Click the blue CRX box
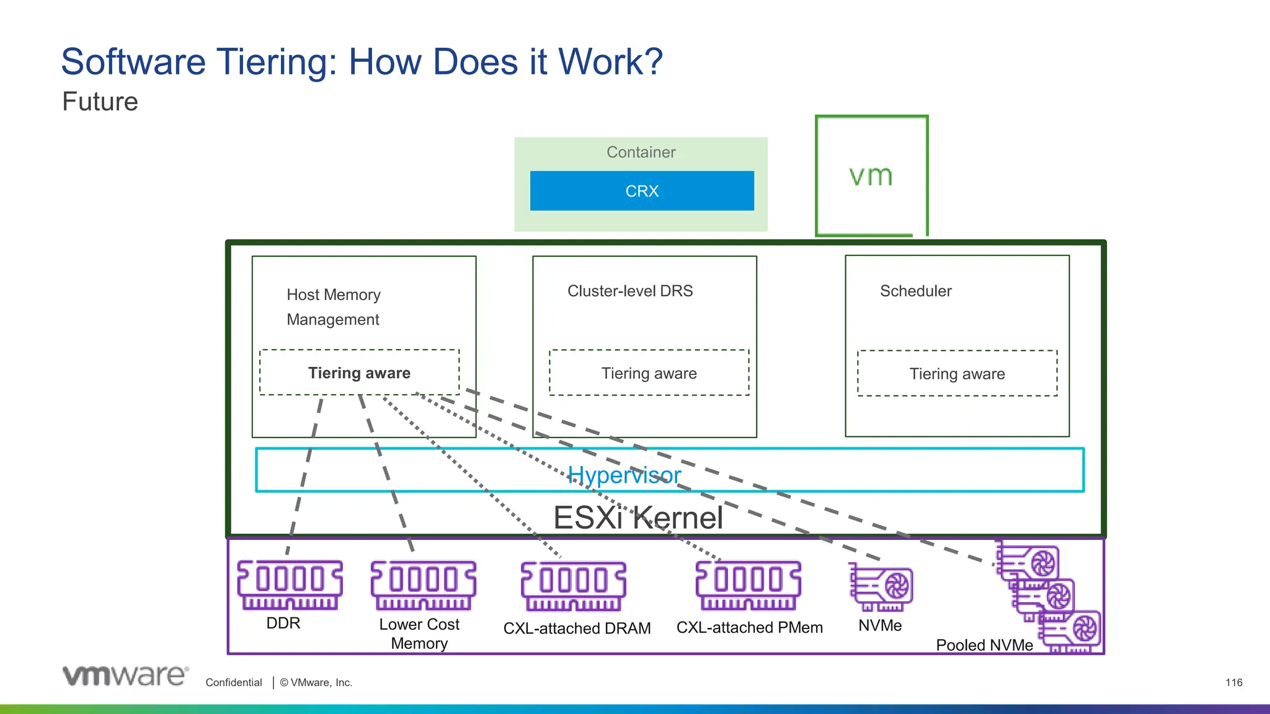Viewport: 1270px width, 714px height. pyautogui.click(x=642, y=191)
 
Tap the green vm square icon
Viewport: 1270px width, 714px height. pyautogui.click(x=871, y=176)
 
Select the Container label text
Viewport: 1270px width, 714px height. pyautogui.click(x=641, y=152)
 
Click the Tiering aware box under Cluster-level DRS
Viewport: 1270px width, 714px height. pyautogui.click(x=649, y=373)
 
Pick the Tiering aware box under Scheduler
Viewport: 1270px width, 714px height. pyautogui.click(x=957, y=374)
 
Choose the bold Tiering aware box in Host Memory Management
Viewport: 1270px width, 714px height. pyautogui.click(x=359, y=373)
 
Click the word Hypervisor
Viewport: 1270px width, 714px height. pyautogui.click(x=624, y=475)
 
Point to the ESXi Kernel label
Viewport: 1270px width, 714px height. pyautogui.click(x=637, y=518)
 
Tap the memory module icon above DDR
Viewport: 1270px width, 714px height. pyautogui.click(x=290, y=585)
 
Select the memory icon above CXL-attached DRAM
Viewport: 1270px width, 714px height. pyautogui.click(x=573, y=586)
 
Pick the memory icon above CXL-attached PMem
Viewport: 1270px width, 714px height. pyautogui.click(x=748, y=586)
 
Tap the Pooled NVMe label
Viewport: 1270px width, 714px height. pyautogui.click(x=984, y=645)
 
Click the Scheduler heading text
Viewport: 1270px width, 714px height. pyautogui.click(x=915, y=291)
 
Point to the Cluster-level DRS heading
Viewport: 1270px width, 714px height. pyautogui.click(x=630, y=291)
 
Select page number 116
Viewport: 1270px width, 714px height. pyautogui.click(x=1233, y=682)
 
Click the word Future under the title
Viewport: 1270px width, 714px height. pyautogui.click(x=100, y=102)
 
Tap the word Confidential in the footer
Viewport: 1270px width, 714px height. pyautogui.click(x=234, y=682)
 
